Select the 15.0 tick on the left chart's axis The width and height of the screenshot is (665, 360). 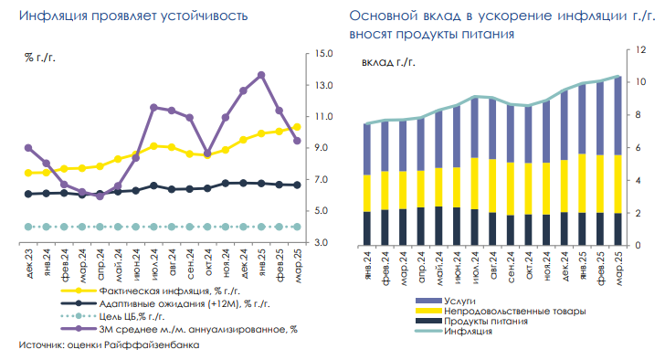(x=322, y=53)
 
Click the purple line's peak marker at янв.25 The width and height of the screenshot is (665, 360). (x=261, y=75)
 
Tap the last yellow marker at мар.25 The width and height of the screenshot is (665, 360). (x=297, y=127)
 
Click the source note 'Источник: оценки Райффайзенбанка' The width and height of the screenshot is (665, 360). (x=109, y=346)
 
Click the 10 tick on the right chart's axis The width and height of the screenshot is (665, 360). (x=640, y=81)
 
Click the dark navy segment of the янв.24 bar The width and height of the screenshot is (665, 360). (x=366, y=228)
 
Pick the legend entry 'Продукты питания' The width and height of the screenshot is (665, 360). (x=483, y=322)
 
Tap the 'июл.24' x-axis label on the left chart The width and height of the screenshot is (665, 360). (x=153, y=265)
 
